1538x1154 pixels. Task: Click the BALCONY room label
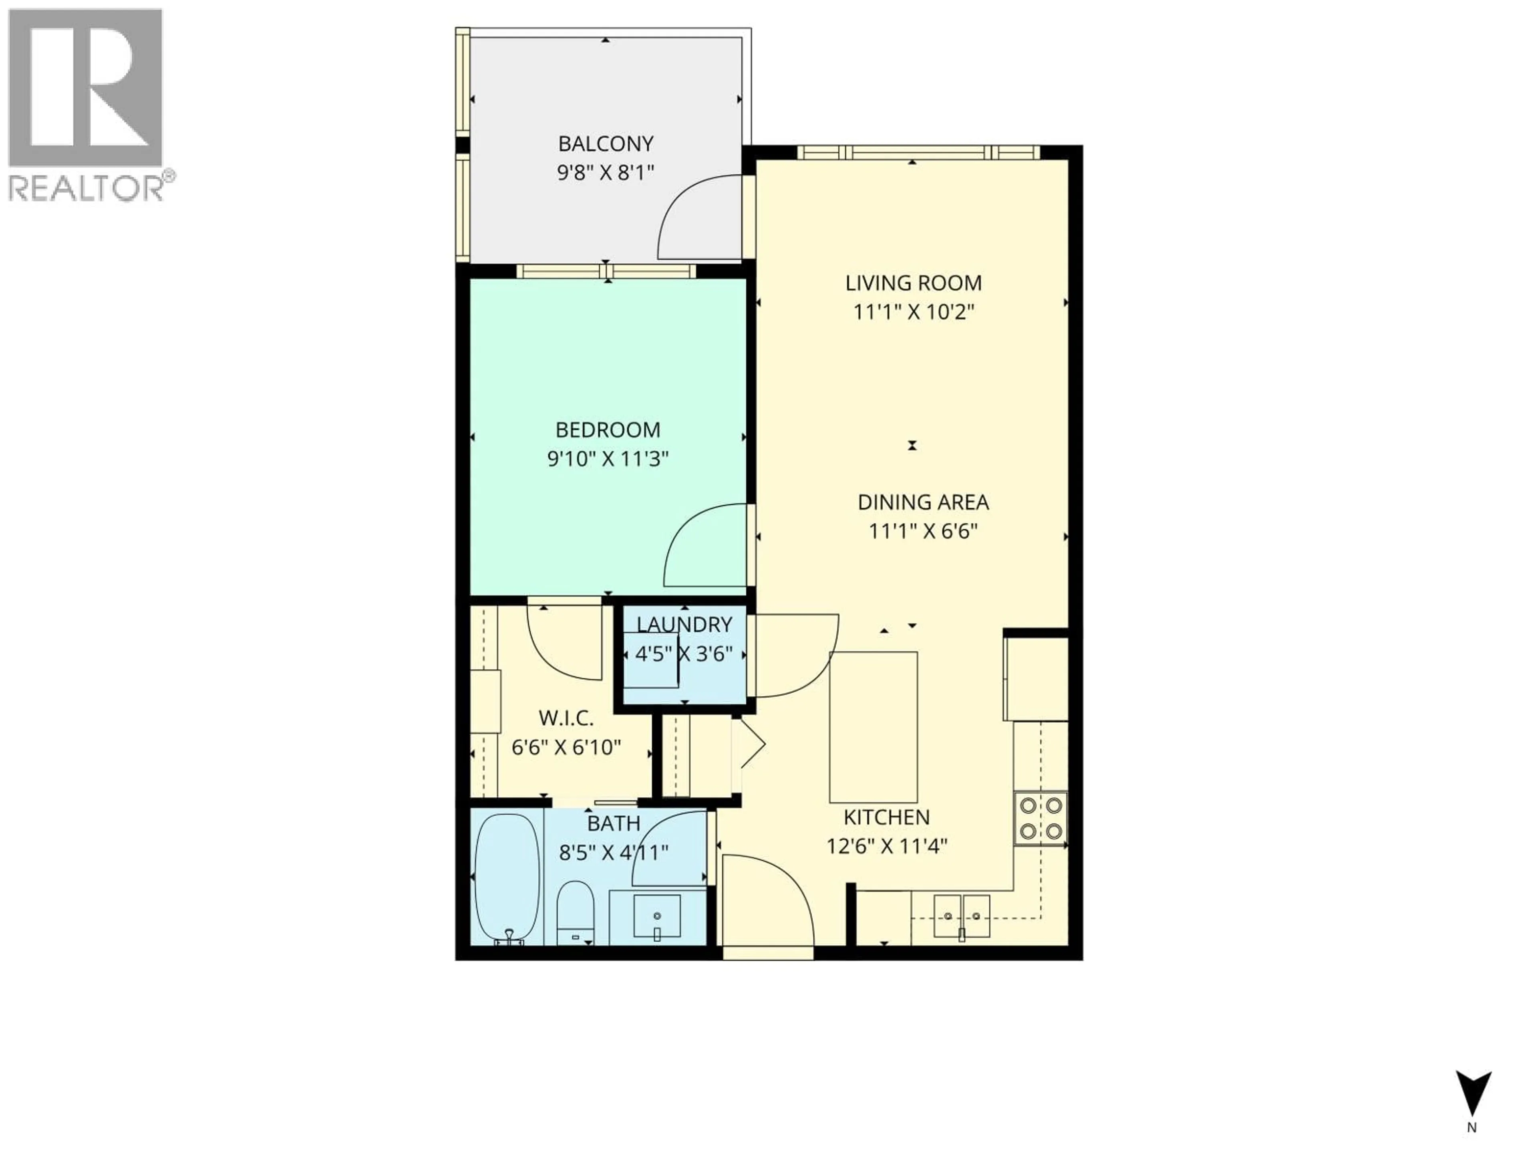606,144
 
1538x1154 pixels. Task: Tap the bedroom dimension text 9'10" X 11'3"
608,459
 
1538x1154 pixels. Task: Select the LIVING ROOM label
913,283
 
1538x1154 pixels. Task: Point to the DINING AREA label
923,502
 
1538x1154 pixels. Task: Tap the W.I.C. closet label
566,718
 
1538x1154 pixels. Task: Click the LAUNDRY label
684,625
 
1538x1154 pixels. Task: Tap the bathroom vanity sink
656,916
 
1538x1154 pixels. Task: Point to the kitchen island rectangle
873,727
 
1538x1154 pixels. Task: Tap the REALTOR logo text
87,188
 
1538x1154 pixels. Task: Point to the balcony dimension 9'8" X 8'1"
606,173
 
